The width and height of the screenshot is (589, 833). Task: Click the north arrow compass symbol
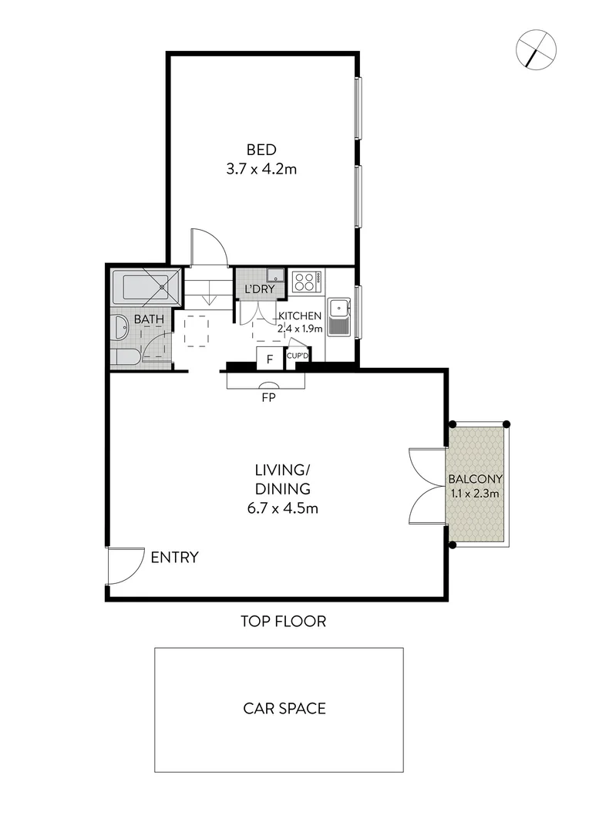(536, 49)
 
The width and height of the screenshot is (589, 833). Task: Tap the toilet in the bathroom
(124, 356)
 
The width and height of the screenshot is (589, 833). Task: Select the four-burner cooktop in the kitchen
(305, 282)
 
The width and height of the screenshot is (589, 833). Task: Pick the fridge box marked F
(269, 359)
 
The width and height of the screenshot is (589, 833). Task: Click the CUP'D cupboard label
(297, 356)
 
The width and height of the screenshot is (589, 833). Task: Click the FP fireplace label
(268, 399)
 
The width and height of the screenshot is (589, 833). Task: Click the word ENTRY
(175, 558)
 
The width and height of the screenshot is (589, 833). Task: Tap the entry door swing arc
(126, 566)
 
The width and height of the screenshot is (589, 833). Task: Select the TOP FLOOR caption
(283, 621)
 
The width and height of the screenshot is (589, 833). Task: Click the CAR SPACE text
(284, 708)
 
